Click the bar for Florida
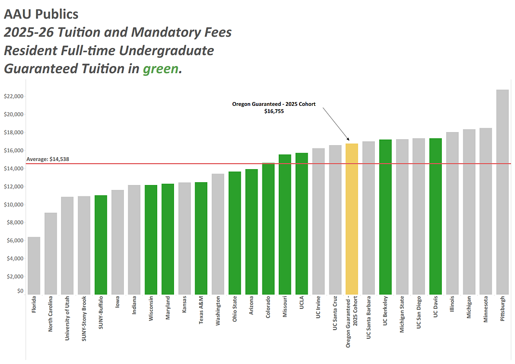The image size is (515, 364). coord(34,266)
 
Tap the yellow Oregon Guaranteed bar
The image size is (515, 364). coord(352,219)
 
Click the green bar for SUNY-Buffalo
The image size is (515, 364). coord(101,245)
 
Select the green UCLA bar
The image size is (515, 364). coord(302,224)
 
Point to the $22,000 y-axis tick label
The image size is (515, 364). coord(14,97)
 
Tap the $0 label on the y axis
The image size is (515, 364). coord(20,291)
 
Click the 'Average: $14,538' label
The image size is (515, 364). coord(48,159)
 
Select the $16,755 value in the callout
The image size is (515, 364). coord(274,111)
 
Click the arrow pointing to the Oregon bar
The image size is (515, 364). coord(335,124)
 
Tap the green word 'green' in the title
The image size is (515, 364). coord(160,69)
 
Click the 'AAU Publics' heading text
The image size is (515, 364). coord(41,14)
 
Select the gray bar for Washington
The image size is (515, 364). coord(218,234)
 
